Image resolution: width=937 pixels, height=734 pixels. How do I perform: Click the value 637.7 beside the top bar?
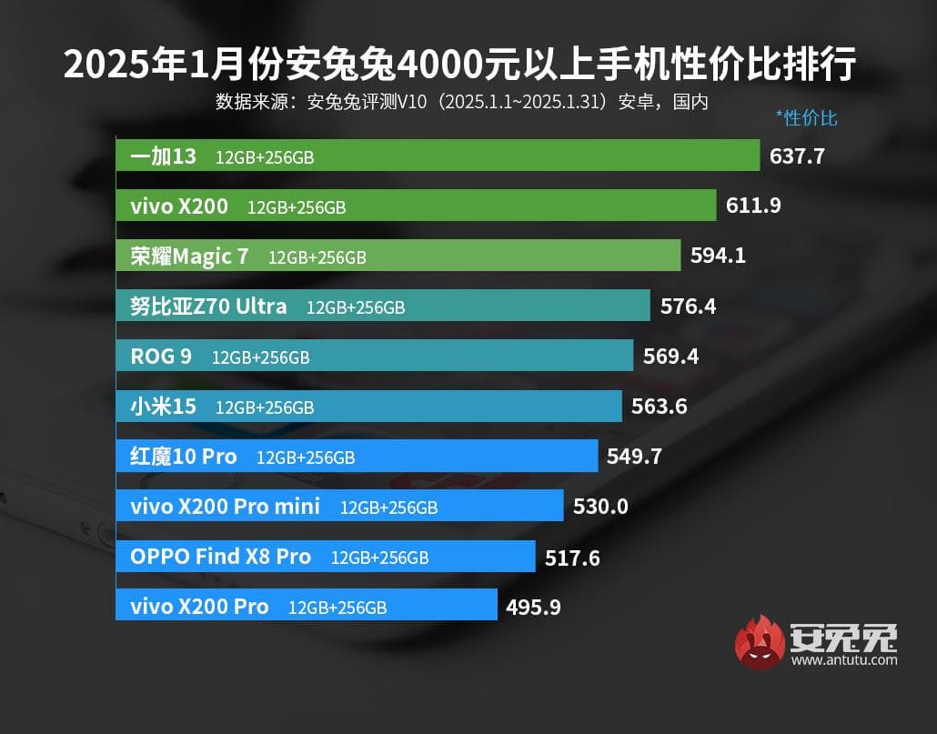pos(797,156)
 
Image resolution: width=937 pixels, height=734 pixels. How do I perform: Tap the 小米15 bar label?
pos(163,407)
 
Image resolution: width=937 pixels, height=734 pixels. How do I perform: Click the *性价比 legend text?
pos(806,117)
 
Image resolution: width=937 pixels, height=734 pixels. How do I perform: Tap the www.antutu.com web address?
pos(844,659)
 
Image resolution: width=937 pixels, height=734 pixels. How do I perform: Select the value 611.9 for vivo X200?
pos(753,206)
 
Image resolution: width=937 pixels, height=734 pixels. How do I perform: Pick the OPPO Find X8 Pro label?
pos(220,556)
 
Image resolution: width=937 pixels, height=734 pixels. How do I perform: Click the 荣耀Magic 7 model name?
pos(189,256)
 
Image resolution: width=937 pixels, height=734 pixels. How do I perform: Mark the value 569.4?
pos(670,357)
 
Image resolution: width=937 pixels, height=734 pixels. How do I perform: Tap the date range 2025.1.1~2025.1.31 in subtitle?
pos(523,102)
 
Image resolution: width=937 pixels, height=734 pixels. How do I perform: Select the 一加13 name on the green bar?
pos(163,156)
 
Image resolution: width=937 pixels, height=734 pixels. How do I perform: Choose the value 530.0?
pos(600,506)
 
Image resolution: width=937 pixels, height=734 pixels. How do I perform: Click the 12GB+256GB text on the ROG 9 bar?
pos(260,357)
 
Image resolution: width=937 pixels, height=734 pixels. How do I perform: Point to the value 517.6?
pos(572,557)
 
